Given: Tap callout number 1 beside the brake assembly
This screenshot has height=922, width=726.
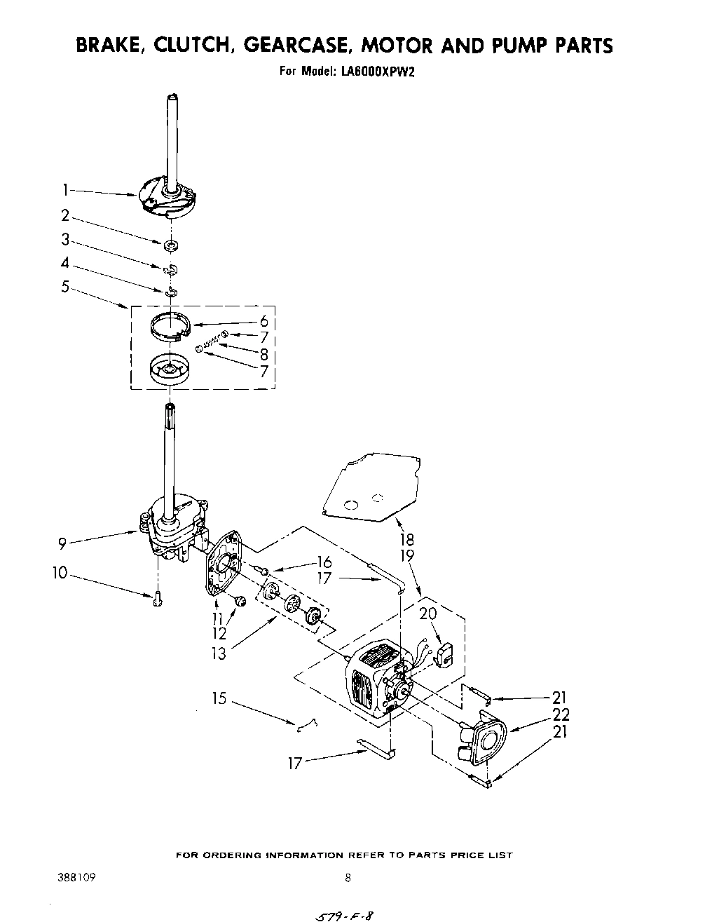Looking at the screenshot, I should (x=64, y=189).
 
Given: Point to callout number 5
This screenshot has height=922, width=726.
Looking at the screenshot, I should (x=64, y=286).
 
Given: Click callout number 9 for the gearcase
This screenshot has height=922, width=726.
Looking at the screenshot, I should (x=62, y=542).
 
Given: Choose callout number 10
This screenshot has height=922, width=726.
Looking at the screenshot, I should (x=60, y=573).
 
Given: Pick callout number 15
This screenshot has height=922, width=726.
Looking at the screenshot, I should (x=219, y=699).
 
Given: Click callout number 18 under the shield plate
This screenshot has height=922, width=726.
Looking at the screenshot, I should (x=406, y=539).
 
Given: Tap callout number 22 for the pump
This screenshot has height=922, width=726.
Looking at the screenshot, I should (x=561, y=714).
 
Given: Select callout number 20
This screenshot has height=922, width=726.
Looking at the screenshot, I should (x=428, y=613).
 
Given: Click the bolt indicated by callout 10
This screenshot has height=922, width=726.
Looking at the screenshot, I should (x=157, y=598).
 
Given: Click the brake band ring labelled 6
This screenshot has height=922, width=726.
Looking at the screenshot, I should (x=172, y=326).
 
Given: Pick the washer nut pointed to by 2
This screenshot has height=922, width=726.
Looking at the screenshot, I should (x=170, y=245).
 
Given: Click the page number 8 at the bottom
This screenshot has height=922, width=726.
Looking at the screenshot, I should (x=348, y=877).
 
